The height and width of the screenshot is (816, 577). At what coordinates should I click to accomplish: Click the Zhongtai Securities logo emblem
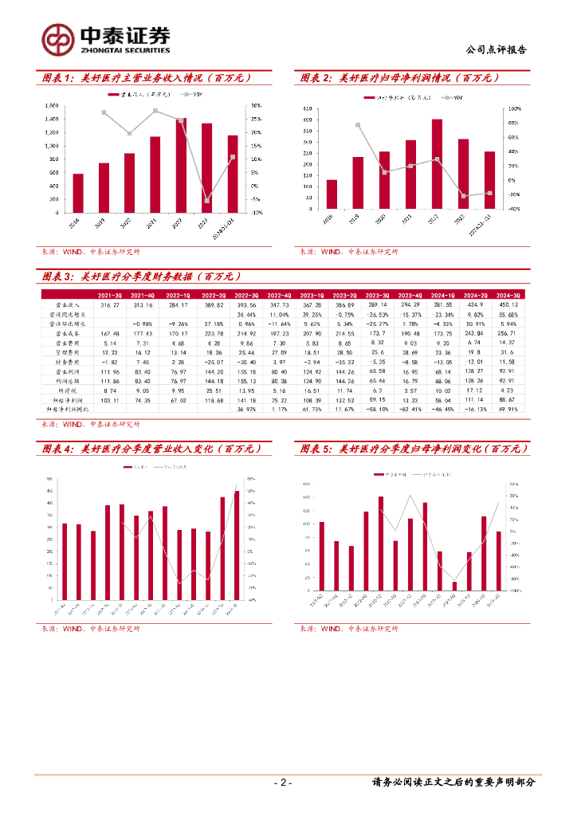(58, 37)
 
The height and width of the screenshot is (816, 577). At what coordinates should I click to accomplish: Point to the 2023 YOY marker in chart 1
(206, 200)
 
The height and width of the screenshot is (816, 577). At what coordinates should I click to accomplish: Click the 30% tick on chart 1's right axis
(257, 105)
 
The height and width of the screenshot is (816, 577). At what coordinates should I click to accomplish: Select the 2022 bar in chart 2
(437, 164)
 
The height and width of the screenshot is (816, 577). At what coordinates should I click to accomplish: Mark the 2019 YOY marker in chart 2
(358, 125)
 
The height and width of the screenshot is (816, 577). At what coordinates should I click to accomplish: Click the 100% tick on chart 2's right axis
(515, 108)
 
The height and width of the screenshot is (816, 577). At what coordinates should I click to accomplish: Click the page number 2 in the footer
(284, 783)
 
